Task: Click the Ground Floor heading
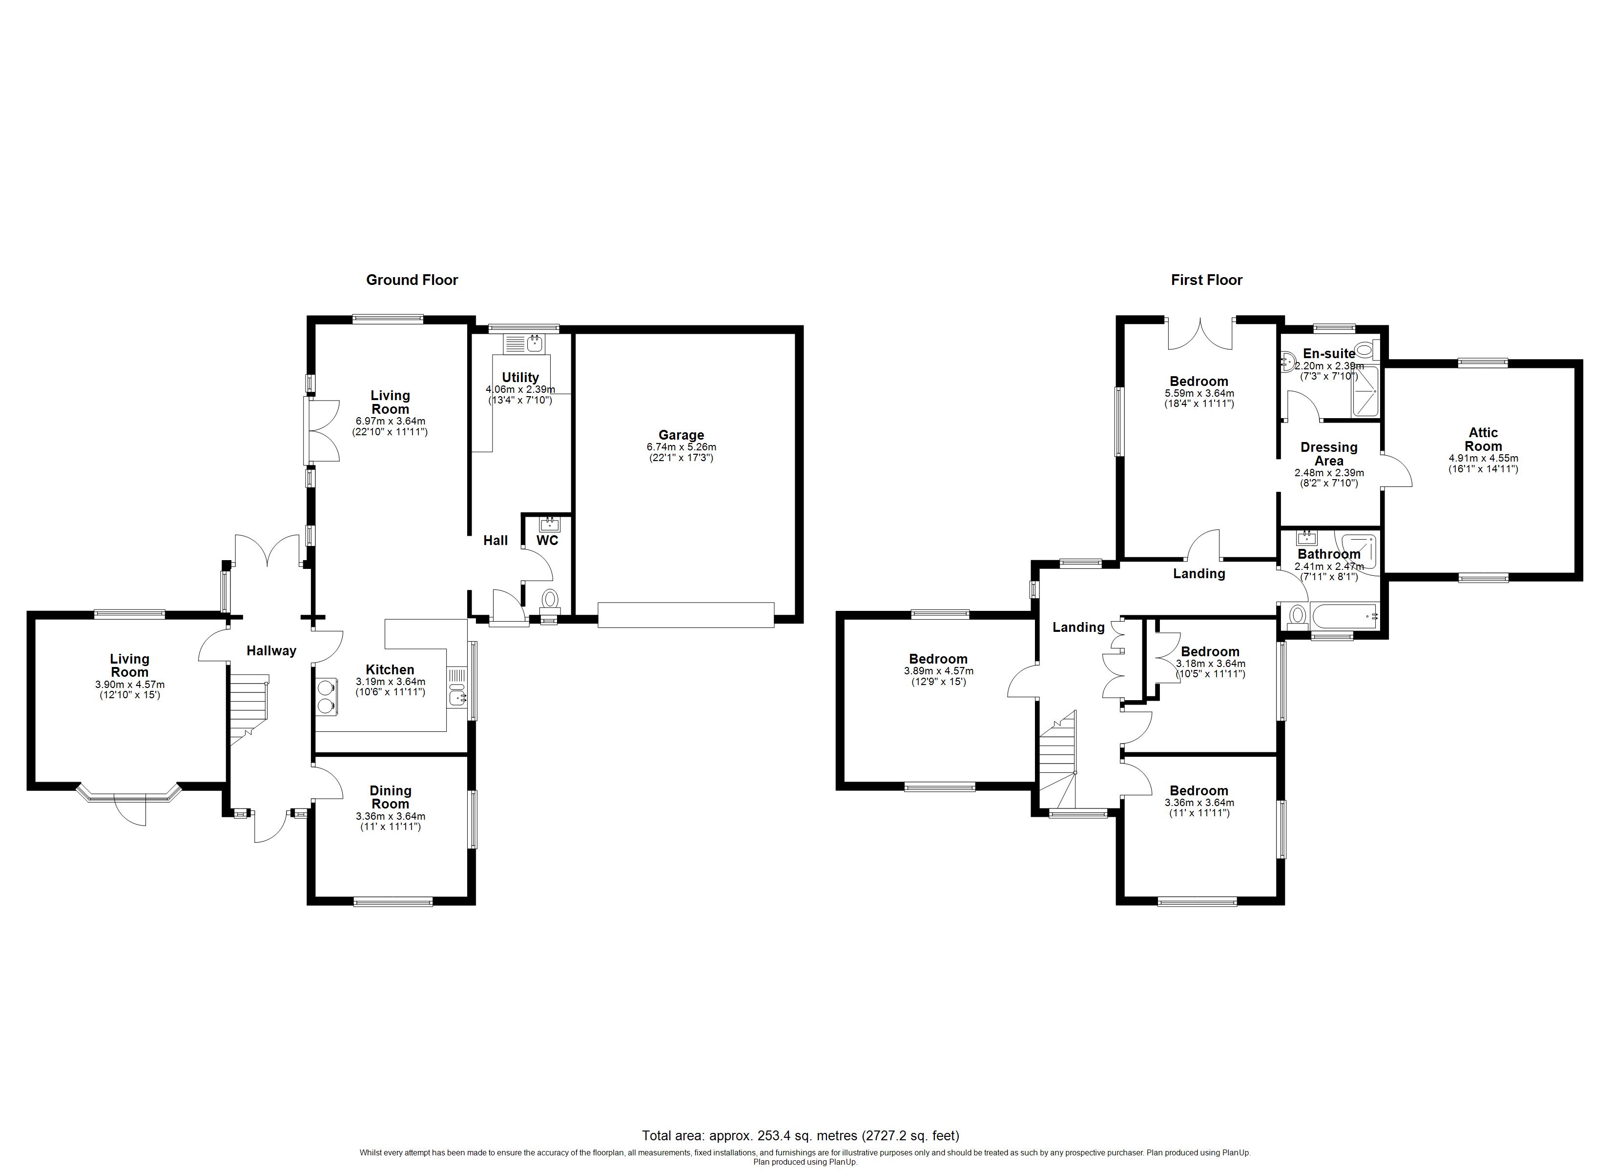[x=412, y=280]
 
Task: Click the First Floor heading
[x=1206, y=280]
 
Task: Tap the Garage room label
[x=681, y=435]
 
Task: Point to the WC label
[x=547, y=541]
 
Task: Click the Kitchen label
[x=390, y=669]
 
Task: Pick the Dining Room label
[x=390, y=797]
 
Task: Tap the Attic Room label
[x=1483, y=439]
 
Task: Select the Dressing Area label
[x=1328, y=454]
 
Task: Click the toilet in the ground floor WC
[x=550, y=600]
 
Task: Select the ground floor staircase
[x=248, y=710]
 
